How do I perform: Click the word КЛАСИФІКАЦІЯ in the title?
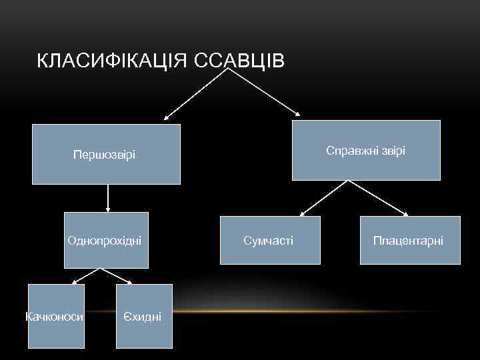[x=113, y=61]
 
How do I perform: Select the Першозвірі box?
[x=106, y=154]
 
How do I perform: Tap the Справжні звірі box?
[x=366, y=150]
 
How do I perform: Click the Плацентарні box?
[x=410, y=240]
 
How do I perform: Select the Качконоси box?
[x=56, y=316]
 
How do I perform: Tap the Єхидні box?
[x=144, y=316]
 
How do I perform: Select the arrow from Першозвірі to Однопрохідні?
[x=107, y=198]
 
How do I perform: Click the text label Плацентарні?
[x=408, y=240]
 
